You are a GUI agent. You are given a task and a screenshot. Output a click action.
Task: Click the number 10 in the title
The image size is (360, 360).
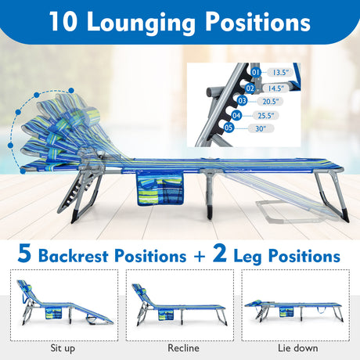pos(63,21)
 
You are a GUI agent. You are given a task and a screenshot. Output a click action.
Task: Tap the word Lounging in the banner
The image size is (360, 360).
pos(141,23)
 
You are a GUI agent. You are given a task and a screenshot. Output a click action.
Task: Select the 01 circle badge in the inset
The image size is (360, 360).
pos(256,72)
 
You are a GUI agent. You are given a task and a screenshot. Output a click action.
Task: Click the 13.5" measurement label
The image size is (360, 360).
pos(279,73)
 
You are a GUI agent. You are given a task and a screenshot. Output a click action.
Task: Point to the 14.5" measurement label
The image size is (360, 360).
pos(275,88)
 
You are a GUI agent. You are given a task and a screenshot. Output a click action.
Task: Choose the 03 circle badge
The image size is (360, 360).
pos(242,101)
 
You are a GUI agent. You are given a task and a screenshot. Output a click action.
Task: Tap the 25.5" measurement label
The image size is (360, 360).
pos(266,115)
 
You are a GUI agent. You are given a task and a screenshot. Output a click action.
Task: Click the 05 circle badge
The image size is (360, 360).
pos(229,128)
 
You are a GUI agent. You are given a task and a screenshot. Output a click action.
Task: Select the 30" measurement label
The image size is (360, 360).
pos(261,128)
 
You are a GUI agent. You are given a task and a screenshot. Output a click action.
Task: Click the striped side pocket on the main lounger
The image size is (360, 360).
pos(160,189)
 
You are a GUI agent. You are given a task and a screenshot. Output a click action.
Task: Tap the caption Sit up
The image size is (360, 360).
pos(63,348)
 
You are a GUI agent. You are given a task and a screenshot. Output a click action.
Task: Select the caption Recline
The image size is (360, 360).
pos(183,348)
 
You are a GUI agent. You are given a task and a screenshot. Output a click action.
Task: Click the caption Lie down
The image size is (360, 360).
pos(298,348)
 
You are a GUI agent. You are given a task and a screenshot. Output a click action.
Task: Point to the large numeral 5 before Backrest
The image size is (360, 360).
pos(24,253)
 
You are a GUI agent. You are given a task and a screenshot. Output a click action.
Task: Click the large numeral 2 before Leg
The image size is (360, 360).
pos(220,253)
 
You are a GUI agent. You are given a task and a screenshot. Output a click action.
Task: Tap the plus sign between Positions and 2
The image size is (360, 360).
pos(200,257)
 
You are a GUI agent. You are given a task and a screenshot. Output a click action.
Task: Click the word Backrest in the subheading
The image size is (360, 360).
pos(74,256)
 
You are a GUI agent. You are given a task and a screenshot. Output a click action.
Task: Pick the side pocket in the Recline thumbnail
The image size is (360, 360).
pos(166,315)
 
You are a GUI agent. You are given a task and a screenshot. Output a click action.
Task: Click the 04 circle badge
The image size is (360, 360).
pos(236,115)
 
